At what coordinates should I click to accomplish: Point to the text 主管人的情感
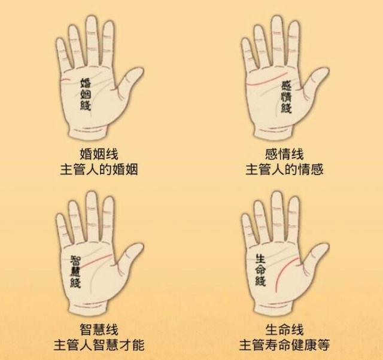(284, 169)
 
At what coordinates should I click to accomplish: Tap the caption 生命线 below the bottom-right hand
(284, 330)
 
